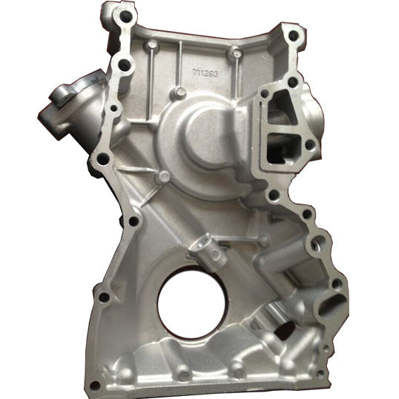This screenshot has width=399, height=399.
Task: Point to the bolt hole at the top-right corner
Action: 293,35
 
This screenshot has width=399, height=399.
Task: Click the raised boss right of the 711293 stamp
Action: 237,53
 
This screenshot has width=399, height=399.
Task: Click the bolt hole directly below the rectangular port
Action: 274,195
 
